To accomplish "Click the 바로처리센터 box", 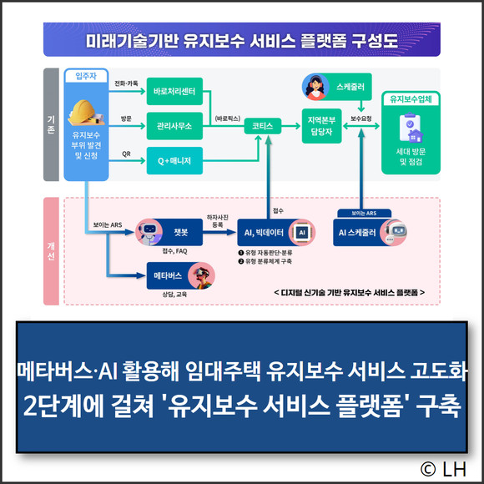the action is [174, 91].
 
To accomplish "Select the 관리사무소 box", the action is [174, 126].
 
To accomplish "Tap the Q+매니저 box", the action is [174, 160].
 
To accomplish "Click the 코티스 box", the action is [263, 126].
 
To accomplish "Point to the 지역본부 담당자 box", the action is [321, 126].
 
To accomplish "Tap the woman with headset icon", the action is [315, 87].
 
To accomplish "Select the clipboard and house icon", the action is [411, 128].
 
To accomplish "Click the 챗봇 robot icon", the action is [149, 232].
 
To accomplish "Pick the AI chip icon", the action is [302, 233].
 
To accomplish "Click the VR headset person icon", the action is [202, 275].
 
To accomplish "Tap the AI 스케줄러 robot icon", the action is [393, 233].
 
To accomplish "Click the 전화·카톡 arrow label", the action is [126, 83].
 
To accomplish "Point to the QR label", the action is [126, 154].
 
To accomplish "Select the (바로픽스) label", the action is [228, 118].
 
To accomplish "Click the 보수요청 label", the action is [360, 118].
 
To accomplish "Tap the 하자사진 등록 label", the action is [218, 221].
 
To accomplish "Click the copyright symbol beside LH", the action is [428, 469].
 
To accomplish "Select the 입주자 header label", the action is [86, 76].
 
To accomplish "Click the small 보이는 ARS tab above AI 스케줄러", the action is [364, 214].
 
